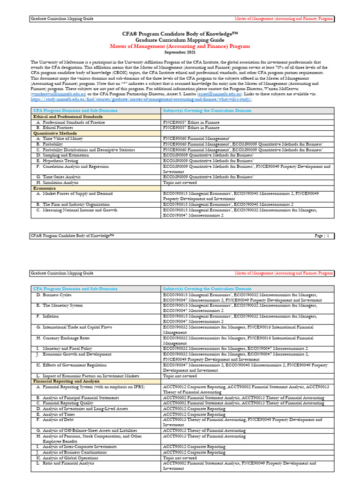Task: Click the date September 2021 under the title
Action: (x=180, y=52)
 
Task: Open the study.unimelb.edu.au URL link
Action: (x=141, y=99)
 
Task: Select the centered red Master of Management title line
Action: (x=180, y=46)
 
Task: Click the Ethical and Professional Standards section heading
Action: (x=68, y=116)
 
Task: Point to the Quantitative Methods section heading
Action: (x=54, y=133)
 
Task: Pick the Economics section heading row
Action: (x=45, y=188)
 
